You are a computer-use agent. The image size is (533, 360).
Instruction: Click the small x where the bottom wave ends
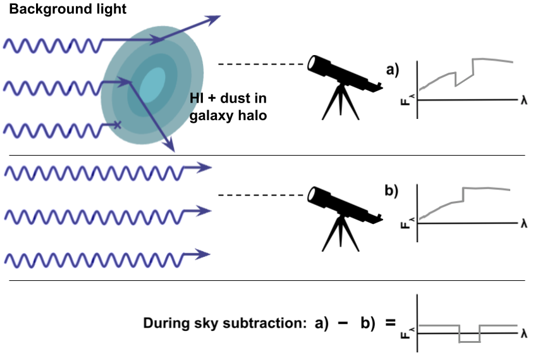point(116,125)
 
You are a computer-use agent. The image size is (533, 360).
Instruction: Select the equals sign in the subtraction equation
point(390,322)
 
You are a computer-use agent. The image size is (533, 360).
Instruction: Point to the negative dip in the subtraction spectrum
point(469,341)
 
